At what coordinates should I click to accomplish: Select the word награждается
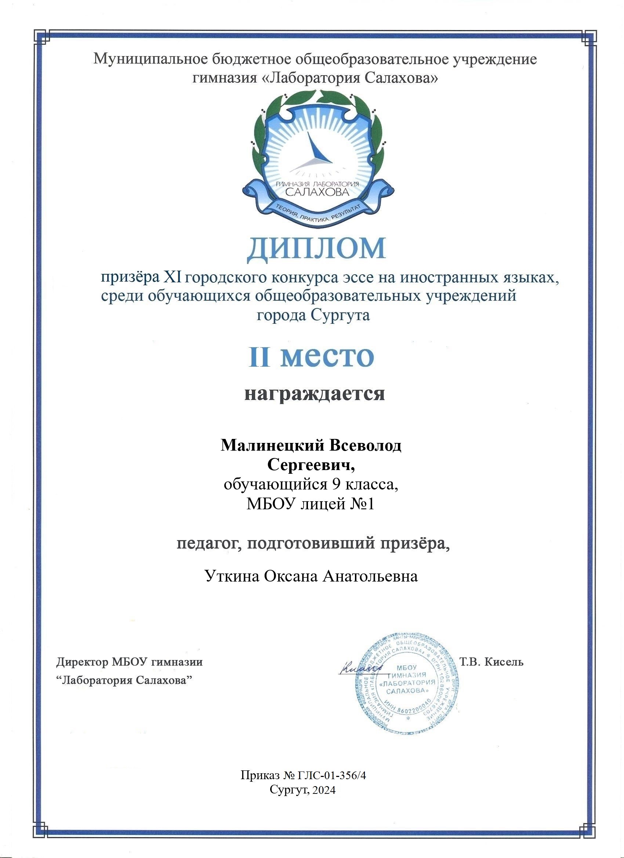(315, 394)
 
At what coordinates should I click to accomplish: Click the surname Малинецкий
(272, 445)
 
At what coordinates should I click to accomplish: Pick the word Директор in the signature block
(82, 662)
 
